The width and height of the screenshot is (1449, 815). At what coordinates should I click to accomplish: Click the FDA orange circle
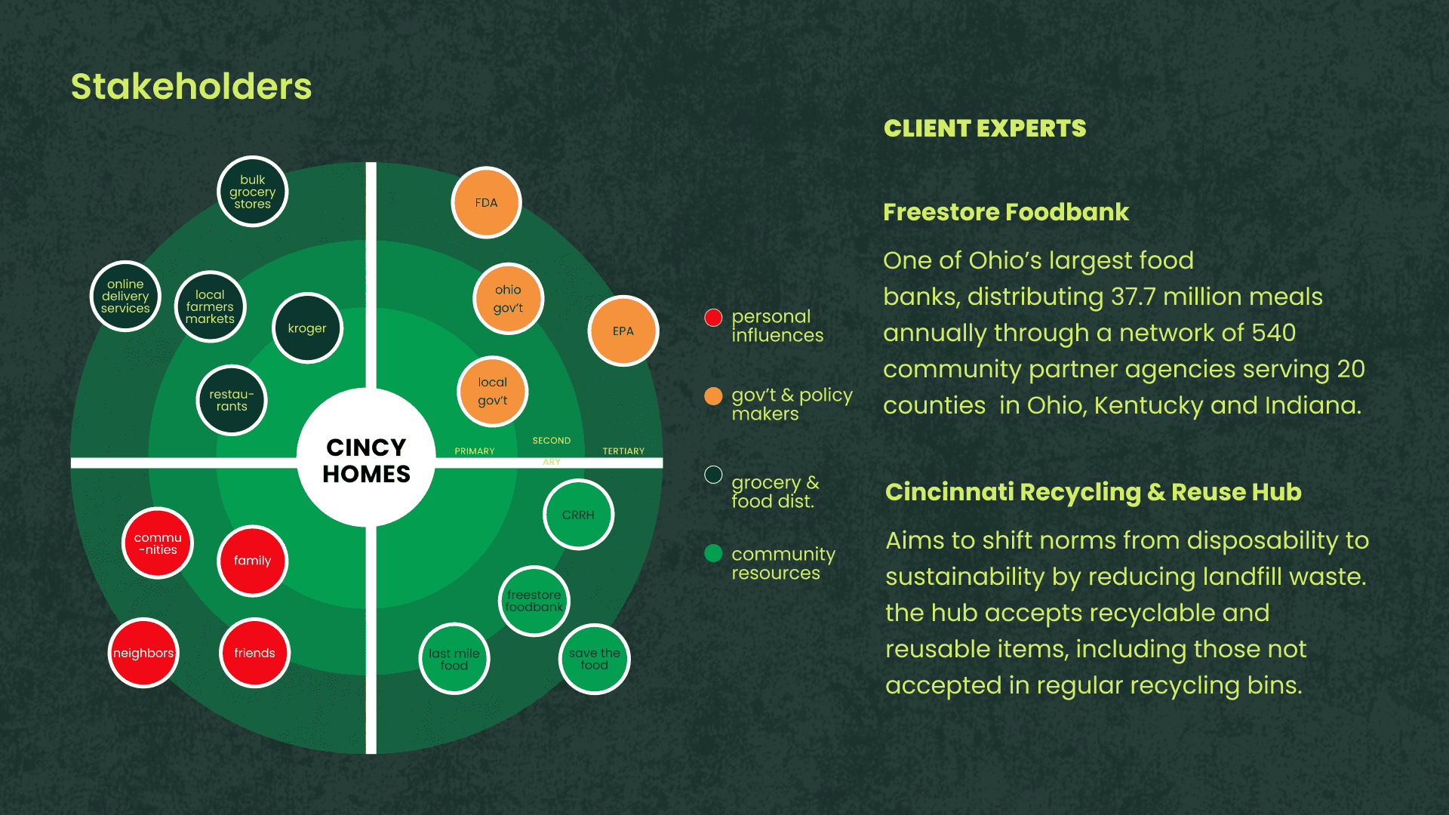pos(486,202)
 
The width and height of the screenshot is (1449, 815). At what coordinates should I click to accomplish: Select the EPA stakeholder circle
pos(623,331)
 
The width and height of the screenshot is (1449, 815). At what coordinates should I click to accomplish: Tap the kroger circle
pos(307,328)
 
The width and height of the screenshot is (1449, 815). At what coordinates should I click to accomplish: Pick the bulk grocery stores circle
pos(252,192)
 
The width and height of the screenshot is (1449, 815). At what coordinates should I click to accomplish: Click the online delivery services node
pos(125,297)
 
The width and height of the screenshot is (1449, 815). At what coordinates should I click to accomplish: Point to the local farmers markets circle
pos(210,306)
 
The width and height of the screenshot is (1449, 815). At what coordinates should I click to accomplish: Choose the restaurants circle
pos(232,400)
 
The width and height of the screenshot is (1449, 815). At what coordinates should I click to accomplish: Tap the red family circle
pos(252,561)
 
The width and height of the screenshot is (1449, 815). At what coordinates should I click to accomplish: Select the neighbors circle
pos(143,653)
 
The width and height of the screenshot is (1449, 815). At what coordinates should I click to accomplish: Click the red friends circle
pos(254,653)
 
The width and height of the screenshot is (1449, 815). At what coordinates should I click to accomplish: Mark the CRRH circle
pos(578,515)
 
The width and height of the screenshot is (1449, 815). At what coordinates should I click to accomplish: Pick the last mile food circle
pos(454,659)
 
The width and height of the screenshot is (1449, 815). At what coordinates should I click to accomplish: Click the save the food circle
pos(594,659)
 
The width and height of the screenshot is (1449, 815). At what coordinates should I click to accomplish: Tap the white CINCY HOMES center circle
pos(366,460)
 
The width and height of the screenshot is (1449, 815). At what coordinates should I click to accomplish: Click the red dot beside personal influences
pos(713,318)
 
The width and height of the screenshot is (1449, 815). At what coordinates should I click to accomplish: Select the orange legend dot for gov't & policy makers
pos(713,396)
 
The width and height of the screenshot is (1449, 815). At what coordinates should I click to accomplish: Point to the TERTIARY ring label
pos(623,451)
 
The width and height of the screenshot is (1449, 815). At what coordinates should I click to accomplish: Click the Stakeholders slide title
pos(191,87)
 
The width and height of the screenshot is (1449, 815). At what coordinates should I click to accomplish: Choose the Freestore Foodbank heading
pos(1006,212)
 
